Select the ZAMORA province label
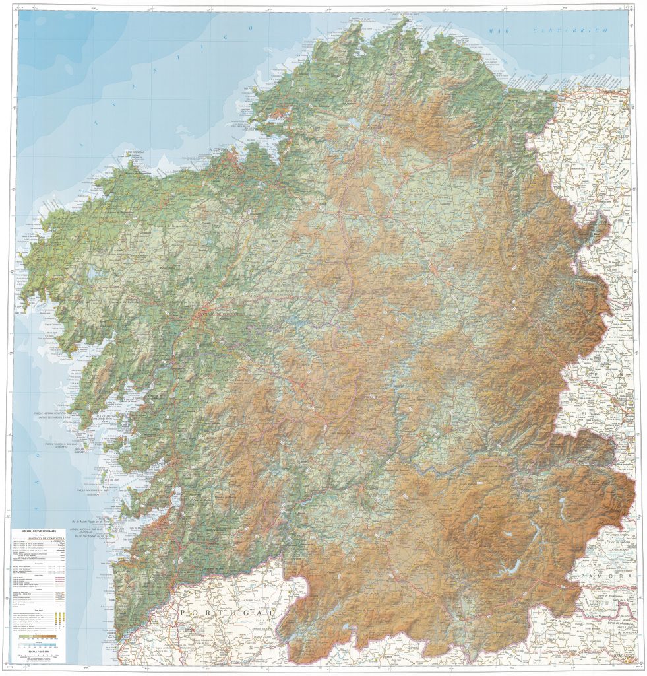(x=607, y=576)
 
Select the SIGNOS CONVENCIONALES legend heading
(x=38, y=530)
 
